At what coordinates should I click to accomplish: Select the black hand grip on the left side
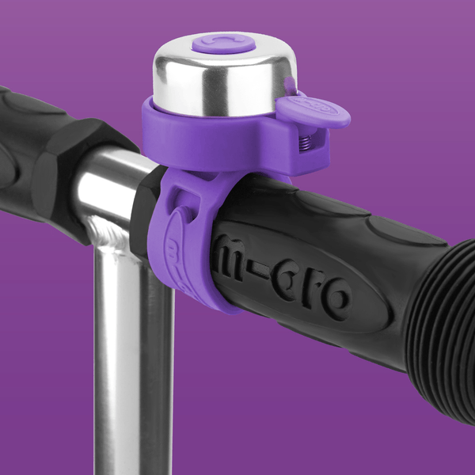click(x=40, y=158)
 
